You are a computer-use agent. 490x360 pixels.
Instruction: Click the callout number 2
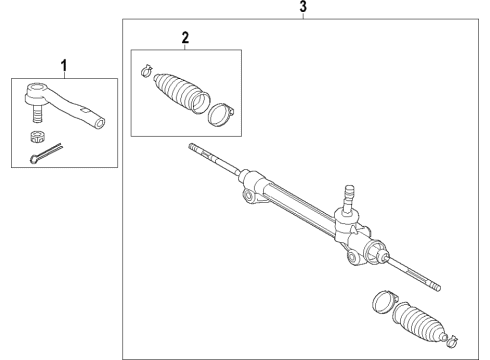[x=184, y=38]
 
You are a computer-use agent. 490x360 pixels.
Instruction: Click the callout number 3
[x=304, y=8]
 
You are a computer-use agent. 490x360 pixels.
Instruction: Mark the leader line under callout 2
[x=184, y=47]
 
